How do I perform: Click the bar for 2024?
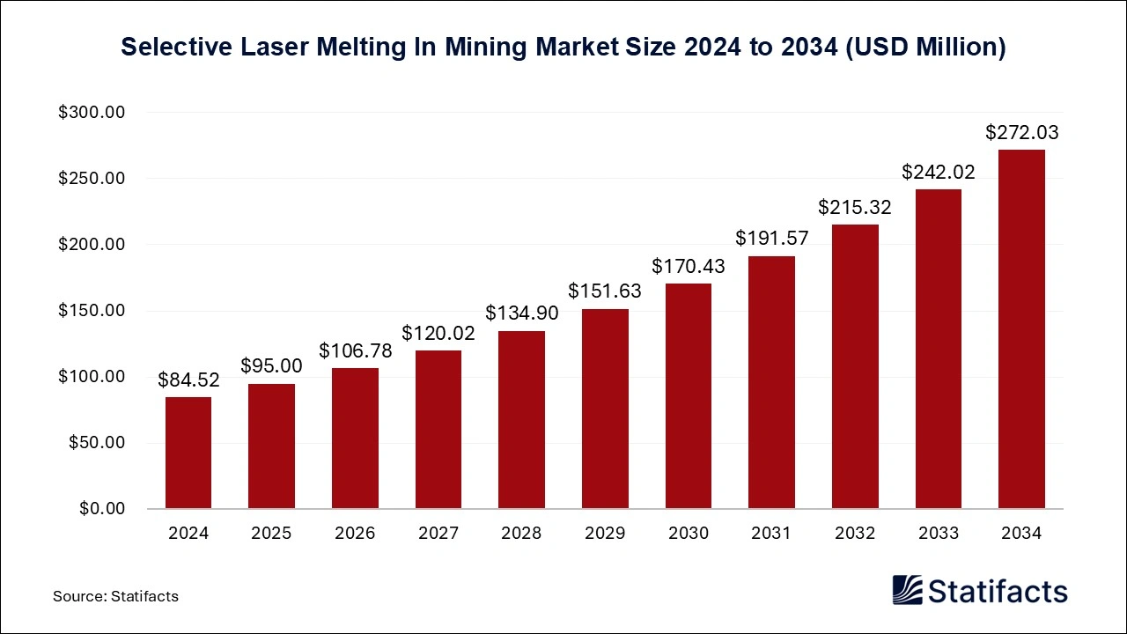point(188,453)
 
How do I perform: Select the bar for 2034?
point(1021,329)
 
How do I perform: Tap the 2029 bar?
point(605,409)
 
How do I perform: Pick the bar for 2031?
point(771,382)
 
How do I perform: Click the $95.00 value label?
point(271,365)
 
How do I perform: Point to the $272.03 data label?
point(1021,133)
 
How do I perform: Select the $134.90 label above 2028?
point(521,313)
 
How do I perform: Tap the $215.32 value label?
point(854,207)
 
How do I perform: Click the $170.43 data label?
point(688,265)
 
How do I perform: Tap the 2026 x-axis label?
point(355,533)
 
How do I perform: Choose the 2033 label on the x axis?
point(938,533)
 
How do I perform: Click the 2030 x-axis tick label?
point(688,533)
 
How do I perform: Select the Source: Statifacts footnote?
point(115,596)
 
